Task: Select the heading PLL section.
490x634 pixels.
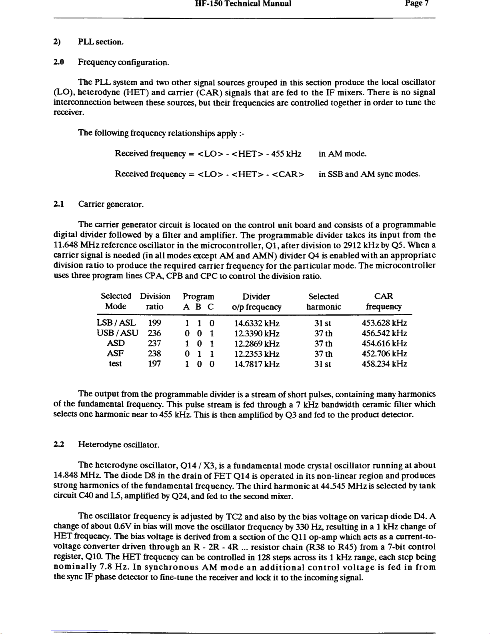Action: (101, 42)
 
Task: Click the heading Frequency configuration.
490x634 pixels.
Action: (123, 62)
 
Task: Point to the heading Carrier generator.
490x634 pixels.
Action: (111, 205)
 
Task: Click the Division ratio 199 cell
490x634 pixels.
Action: (154, 323)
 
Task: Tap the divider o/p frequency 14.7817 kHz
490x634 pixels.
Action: (257, 364)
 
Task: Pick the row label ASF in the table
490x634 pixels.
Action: (116, 354)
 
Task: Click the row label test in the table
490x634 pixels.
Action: (116, 364)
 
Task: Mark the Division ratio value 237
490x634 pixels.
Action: (154, 344)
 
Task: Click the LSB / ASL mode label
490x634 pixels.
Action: (116, 323)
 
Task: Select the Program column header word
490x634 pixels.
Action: (198, 297)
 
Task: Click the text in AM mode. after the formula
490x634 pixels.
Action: (343, 154)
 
